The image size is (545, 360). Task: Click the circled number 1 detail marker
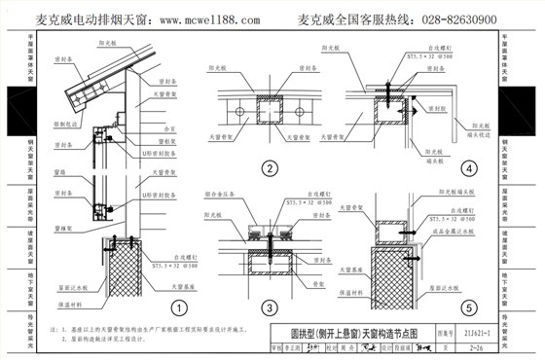click(178, 307)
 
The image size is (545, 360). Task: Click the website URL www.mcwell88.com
click(209, 19)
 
